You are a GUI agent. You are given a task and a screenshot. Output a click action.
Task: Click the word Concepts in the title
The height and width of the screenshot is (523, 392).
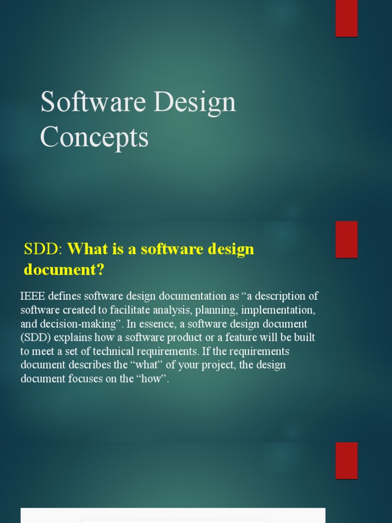pyautogui.click(x=94, y=137)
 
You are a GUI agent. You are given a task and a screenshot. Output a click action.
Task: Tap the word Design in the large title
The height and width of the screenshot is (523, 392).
pyautogui.click(x=194, y=102)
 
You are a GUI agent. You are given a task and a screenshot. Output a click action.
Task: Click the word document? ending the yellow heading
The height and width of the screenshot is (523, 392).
pyautogui.click(x=64, y=270)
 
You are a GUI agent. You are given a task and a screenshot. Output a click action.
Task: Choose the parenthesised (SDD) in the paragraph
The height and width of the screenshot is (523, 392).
pyautogui.click(x=35, y=338)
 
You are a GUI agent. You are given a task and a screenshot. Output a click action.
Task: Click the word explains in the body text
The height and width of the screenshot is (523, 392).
pyautogui.click(x=72, y=338)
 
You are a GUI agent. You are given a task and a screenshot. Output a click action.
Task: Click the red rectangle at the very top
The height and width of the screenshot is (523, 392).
pyautogui.click(x=347, y=18)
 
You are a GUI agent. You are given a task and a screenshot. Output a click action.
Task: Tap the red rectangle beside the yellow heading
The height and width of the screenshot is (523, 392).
pyautogui.click(x=347, y=239)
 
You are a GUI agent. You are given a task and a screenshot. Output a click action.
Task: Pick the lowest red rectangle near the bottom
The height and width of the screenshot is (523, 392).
pyautogui.click(x=347, y=460)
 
